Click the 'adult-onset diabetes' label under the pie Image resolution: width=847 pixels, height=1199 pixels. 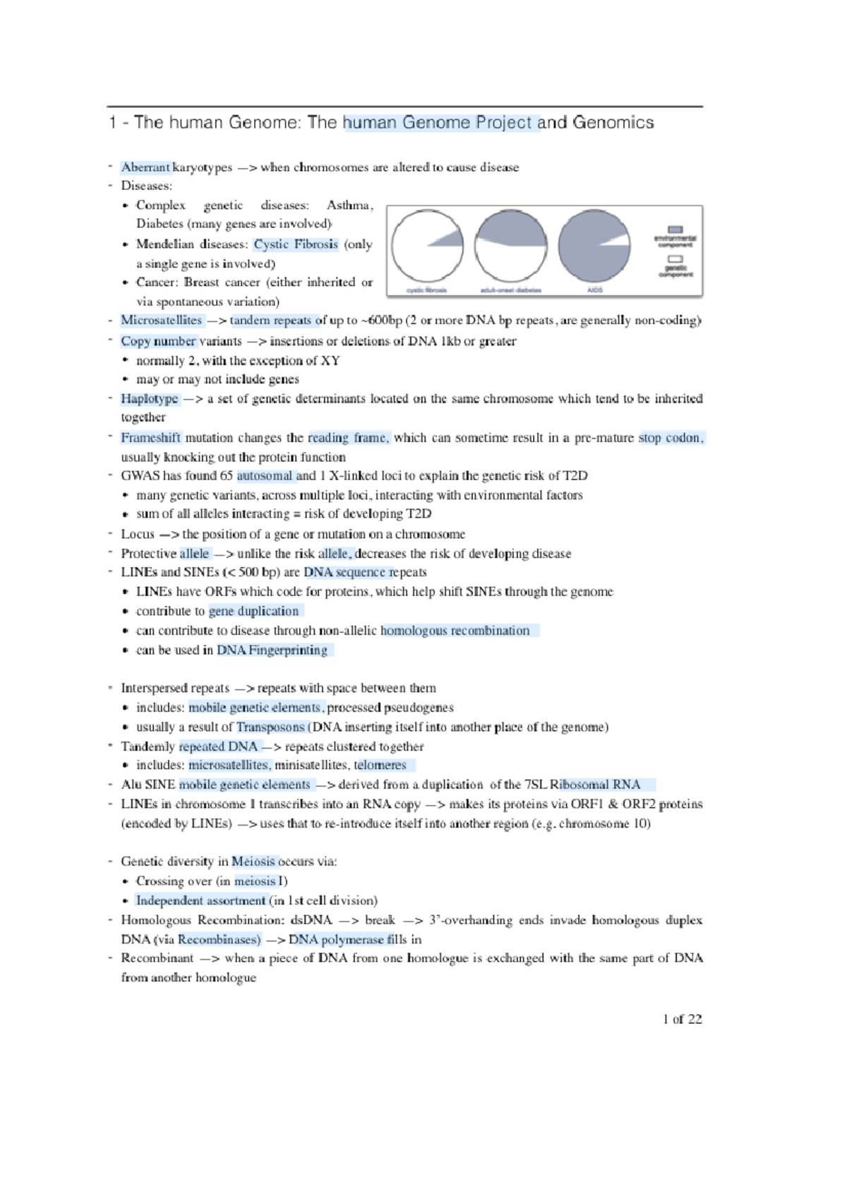(510, 290)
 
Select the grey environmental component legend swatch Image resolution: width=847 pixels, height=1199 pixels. (675, 229)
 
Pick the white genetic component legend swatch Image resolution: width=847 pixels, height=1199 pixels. (675, 259)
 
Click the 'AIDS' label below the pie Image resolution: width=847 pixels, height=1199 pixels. (594, 290)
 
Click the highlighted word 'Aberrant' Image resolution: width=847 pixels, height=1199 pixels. (145, 167)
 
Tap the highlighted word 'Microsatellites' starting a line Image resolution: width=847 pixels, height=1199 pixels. (161, 321)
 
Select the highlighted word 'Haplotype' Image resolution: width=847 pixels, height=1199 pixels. (149, 399)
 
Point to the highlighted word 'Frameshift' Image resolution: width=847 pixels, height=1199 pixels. (150, 438)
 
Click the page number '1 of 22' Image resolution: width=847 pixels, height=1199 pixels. (682, 1019)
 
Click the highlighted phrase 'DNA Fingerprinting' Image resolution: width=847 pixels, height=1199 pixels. (272, 650)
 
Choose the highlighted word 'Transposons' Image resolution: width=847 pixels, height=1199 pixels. (270, 727)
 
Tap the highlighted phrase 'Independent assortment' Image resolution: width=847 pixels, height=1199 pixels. (200, 901)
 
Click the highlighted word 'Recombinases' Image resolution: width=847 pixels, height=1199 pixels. (219, 940)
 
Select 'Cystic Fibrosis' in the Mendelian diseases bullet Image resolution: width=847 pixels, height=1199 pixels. (296, 244)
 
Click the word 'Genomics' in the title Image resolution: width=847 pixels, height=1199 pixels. (613, 123)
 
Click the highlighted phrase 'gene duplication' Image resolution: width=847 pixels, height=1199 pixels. (253, 612)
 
